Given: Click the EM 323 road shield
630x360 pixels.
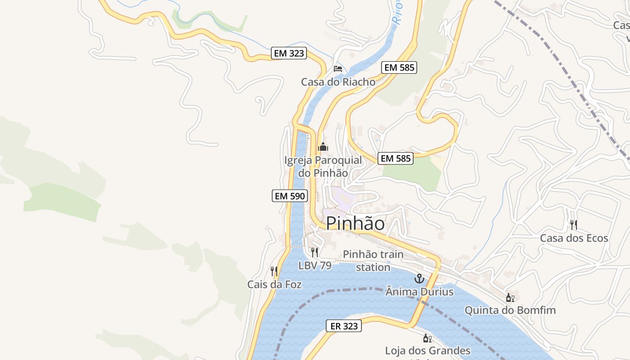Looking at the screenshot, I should coord(289,53).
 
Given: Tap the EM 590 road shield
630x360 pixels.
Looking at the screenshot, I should coord(290,196).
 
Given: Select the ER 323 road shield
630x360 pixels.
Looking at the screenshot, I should coord(344,326).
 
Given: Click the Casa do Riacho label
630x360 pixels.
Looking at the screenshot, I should coord(338,82).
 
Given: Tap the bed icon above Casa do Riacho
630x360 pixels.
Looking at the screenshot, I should coord(338,69).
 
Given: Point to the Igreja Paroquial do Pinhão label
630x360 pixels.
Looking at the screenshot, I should coord(323,166).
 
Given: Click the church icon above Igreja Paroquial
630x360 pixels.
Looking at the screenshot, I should coord(323,147).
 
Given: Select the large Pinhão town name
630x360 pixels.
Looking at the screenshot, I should coord(355,223).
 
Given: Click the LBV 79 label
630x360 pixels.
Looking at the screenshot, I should coord(315,265).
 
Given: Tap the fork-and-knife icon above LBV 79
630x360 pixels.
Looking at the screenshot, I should coord(315,252).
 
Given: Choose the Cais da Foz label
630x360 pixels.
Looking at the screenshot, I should coord(274,284).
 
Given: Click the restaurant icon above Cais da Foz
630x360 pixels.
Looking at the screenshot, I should coord(274,271).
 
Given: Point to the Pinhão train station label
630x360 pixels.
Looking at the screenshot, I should coord(373,261).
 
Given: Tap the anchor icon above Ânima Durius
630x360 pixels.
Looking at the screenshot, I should coord(419,279).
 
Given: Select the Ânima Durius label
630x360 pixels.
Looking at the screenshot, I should coord(419,292).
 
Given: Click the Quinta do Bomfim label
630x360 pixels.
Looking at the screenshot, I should coord(510,310).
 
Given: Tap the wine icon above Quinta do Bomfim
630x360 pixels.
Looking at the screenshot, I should coord(510,297).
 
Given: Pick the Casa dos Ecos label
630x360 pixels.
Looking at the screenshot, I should coord(574,238).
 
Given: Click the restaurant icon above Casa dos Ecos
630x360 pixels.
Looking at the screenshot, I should coord(573,225).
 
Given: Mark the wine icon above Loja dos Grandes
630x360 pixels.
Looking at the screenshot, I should coord(427,338).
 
